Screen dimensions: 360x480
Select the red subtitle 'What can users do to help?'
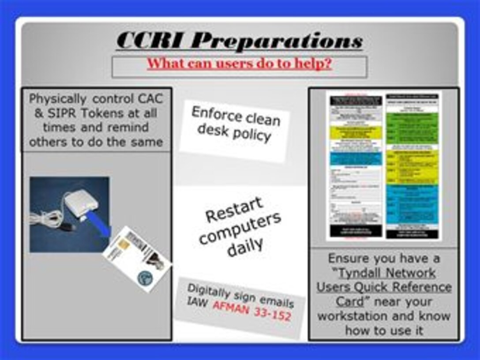pyautogui.click(x=239, y=64)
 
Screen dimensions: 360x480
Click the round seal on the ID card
pyautogui.click(x=145, y=277)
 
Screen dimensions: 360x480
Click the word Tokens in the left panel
pyautogui.click(x=90, y=113)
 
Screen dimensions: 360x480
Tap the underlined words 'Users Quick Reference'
pyautogui.click(x=384, y=287)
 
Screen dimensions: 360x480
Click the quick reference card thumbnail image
pyautogui.click(x=383, y=165)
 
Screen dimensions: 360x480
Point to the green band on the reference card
pyautogui.click(x=412, y=128)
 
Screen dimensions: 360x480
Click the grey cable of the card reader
pyautogui.click(x=46, y=218)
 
